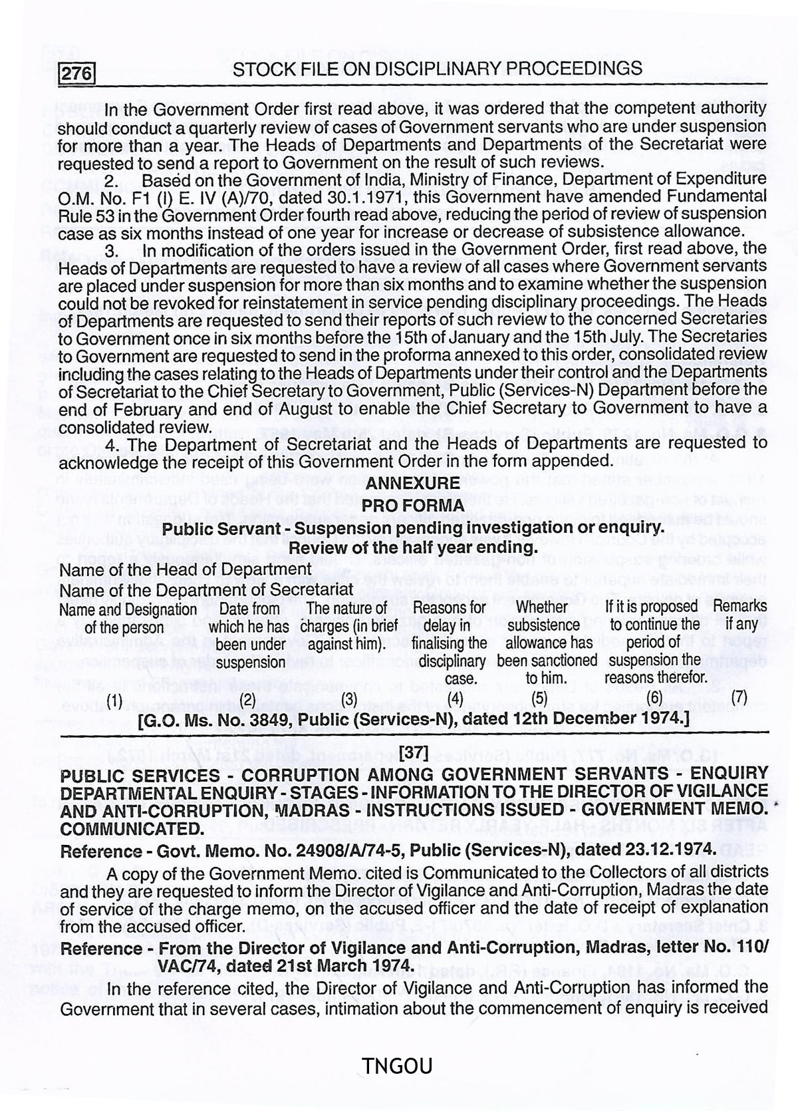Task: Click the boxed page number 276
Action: pyautogui.click(x=77, y=72)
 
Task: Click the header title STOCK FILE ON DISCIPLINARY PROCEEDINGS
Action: pyautogui.click(x=438, y=69)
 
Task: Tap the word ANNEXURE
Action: pyautogui.click(x=412, y=483)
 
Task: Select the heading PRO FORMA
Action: pyautogui.click(x=412, y=506)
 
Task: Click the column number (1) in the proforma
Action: pyautogui.click(x=115, y=699)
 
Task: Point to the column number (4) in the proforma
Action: pyautogui.click(x=456, y=699)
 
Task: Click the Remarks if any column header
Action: pyautogui.click(x=739, y=615)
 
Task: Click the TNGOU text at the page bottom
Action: pyautogui.click(x=397, y=1066)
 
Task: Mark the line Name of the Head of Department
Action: pyautogui.click(x=186, y=569)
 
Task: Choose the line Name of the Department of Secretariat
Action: pyautogui.click(x=206, y=589)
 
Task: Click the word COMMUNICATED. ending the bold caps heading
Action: pyautogui.click(x=132, y=829)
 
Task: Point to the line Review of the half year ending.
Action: pyautogui.click(x=412, y=548)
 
